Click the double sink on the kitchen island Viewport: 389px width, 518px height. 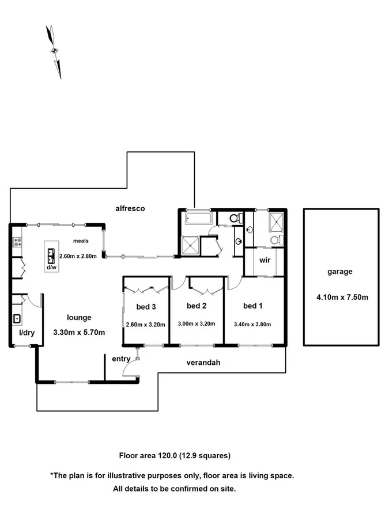[51, 254]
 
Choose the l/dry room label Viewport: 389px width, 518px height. [27, 332]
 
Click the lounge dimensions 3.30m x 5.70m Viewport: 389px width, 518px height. [78, 332]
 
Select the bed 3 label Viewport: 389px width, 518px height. [146, 306]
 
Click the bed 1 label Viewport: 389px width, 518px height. [252, 306]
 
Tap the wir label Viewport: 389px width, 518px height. [265, 260]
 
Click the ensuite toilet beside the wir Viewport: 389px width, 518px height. [274, 239]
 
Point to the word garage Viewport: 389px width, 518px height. [339, 272]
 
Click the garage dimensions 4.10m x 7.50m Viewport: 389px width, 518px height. [342, 298]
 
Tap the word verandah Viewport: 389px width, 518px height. [203, 363]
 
